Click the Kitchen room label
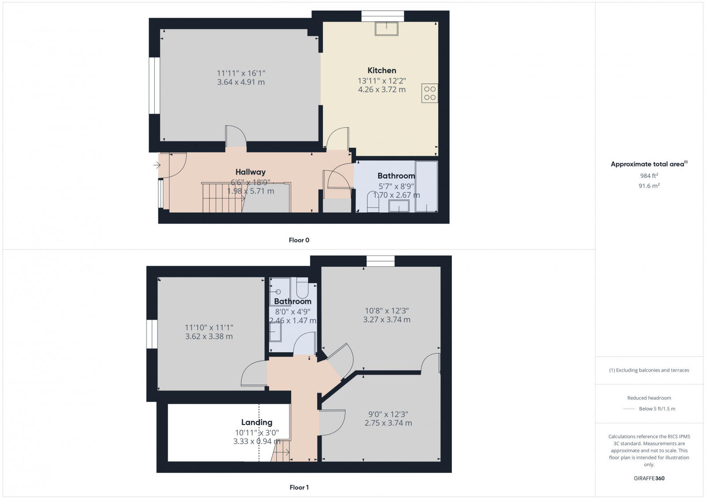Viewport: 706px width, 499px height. pos(382,71)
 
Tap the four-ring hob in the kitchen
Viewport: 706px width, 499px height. pos(429,93)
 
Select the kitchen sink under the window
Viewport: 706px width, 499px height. pos(387,28)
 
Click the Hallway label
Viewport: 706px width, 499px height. pos(250,172)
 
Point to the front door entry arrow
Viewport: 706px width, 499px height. pos(157,165)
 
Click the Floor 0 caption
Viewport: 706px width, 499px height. pos(299,240)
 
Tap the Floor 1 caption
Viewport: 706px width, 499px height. pos(299,488)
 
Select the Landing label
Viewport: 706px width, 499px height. pos(256,422)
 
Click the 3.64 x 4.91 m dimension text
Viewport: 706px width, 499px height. pos(241,82)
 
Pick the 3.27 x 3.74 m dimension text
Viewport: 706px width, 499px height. pos(387,320)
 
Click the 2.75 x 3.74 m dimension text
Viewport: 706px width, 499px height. pos(388,423)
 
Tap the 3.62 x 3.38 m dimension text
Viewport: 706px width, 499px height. pos(209,336)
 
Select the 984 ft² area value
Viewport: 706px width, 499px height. pos(649,175)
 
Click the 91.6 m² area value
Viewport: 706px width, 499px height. pos(649,186)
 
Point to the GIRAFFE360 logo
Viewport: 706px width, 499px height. pos(649,478)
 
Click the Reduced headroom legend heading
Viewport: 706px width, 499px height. pos(649,398)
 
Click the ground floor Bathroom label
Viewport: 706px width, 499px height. pos(396,176)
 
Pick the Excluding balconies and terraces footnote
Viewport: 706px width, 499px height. pos(649,370)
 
